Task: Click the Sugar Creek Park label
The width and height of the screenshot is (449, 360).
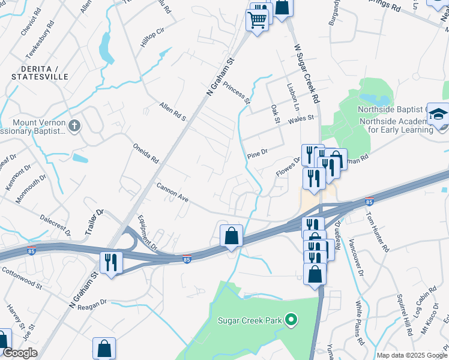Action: [x=250, y=320]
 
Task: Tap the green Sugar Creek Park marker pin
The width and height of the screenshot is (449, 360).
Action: [x=291, y=319]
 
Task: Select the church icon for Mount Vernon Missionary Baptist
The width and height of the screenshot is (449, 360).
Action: [x=74, y=126]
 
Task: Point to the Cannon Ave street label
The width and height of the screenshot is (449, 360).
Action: [x=173, y=193]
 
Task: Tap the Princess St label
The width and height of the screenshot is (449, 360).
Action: [x=236, y=93]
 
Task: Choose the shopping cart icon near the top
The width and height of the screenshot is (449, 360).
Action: [x=258, y=20]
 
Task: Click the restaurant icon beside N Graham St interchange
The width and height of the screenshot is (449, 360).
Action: [x=111, y=262]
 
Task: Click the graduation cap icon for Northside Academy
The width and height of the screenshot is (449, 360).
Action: [x=438, y=114]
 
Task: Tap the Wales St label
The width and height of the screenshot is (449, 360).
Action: [x=301, y=118]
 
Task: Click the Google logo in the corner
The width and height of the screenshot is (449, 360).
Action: [x=20, y=353]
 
